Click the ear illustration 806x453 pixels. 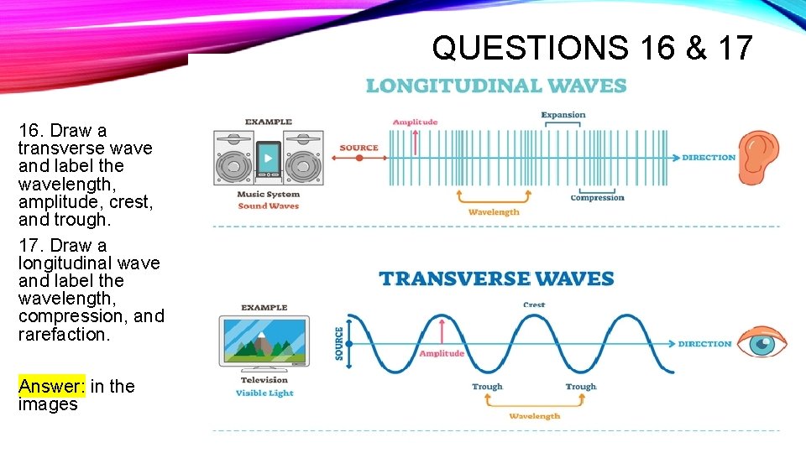pos(759,157)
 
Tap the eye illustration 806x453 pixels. pos(762,343)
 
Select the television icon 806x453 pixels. pos(264,341)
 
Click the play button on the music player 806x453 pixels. pos(269,156)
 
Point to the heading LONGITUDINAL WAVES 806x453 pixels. pos(495,86)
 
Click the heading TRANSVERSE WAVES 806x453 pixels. pos(496,279)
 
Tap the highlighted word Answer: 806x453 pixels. pos(51,386)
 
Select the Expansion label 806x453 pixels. pos(563,115)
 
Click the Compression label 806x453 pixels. pos(597,198)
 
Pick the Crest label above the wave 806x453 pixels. pos(533,305)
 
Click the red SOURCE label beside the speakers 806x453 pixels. pos(359,148)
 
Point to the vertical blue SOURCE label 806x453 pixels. pos(339,344)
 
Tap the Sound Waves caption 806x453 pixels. pos(269,206)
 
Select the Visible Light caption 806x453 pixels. pos(264,393)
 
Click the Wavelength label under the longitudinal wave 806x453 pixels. pos(494,212)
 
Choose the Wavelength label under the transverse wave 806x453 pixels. pos(534,416)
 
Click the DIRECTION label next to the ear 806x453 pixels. pos(708,158)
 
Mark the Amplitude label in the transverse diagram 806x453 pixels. pos(442,353)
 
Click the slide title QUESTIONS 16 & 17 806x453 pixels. pos(592,49)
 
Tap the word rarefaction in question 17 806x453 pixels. pos(64,334)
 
